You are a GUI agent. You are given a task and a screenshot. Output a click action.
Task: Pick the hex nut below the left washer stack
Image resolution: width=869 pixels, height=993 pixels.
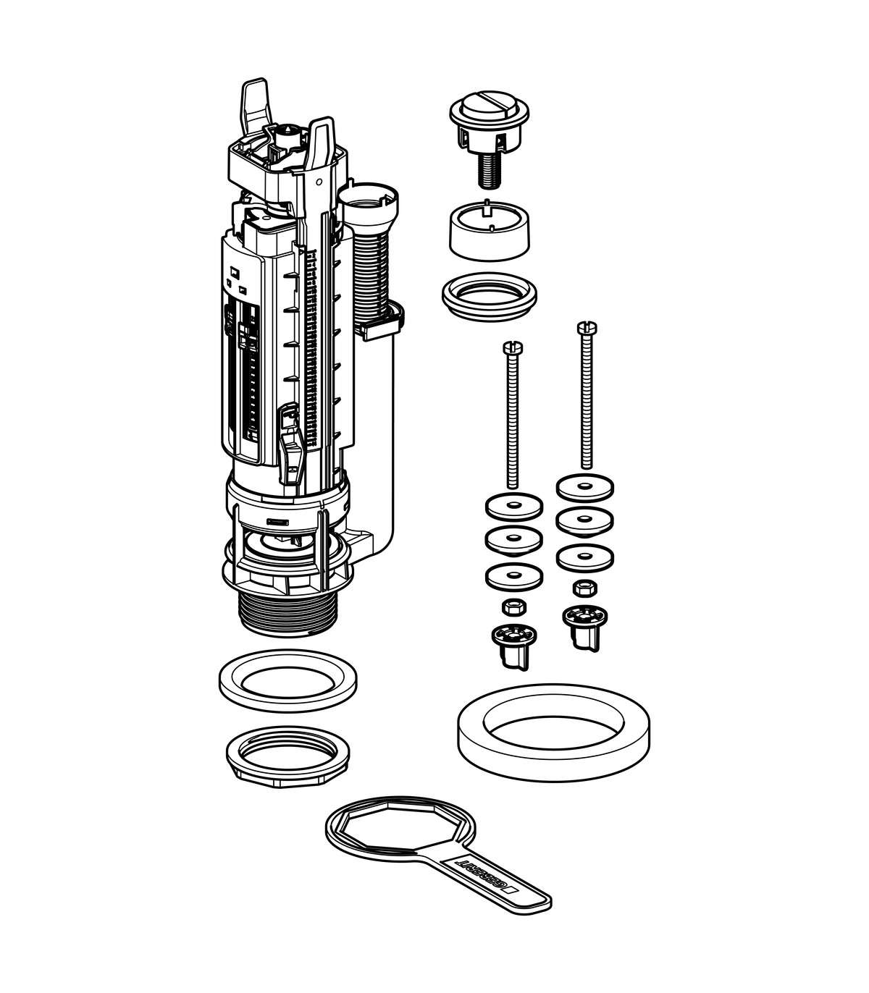[x=513, y=607]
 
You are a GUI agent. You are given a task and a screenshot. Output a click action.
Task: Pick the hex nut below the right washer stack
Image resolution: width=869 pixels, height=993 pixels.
[x=585, y=588]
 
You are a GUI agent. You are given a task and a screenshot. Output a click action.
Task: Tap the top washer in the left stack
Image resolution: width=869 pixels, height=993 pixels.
[x=514, y=507]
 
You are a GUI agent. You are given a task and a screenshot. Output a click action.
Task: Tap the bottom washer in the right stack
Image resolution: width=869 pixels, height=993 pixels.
[x=585, y=559]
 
